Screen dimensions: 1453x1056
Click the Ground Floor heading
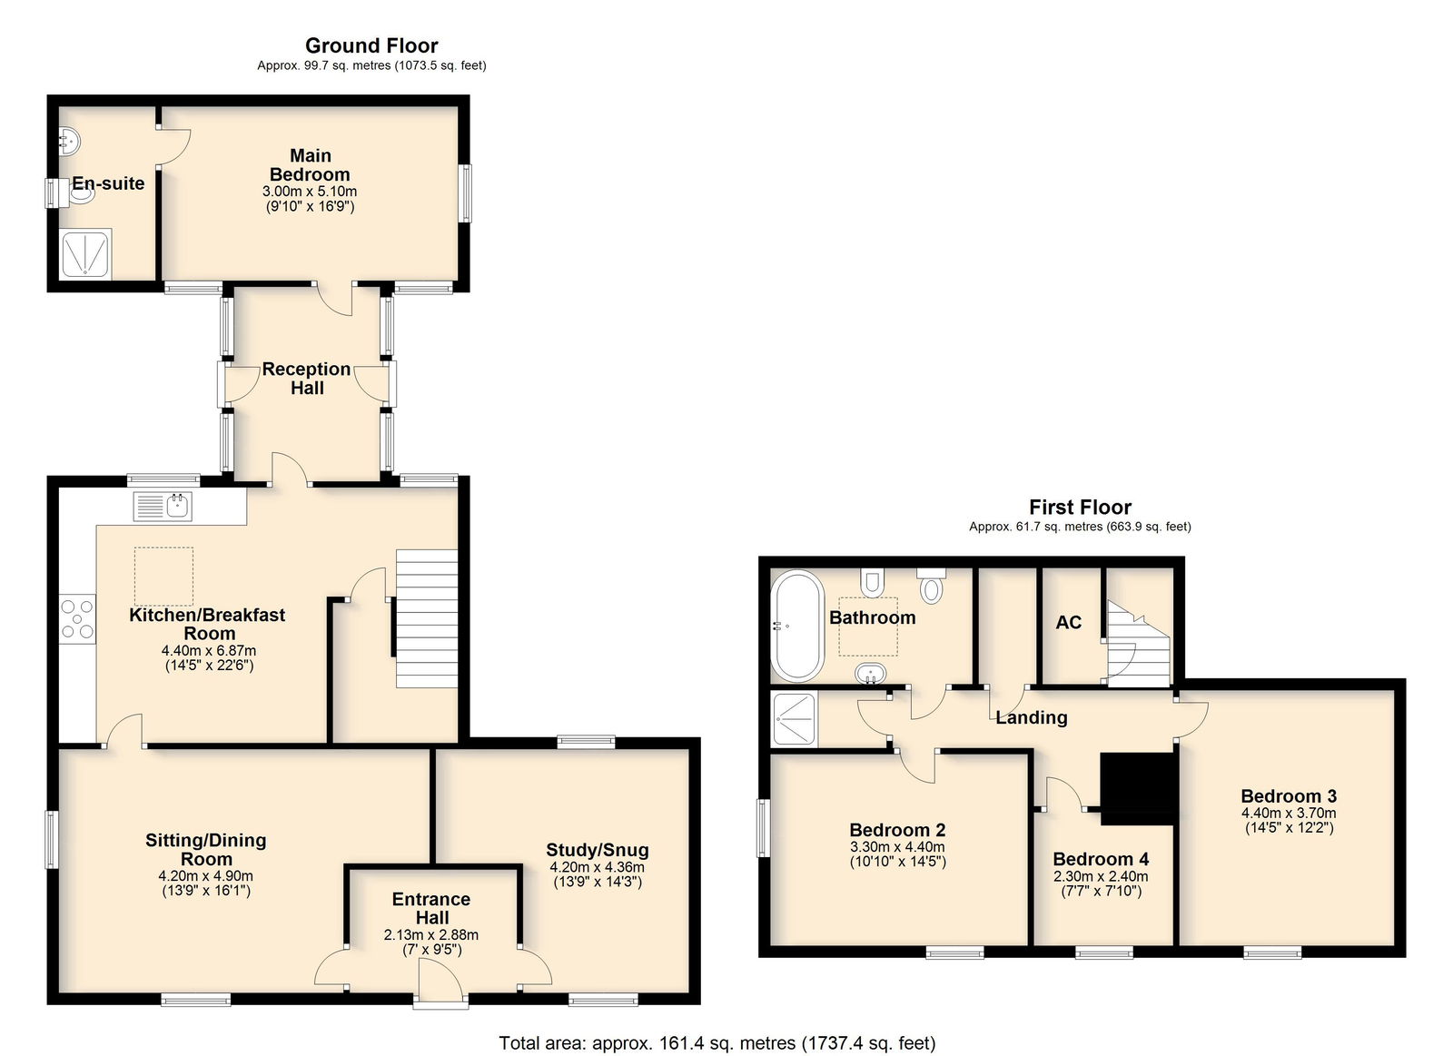tap(371, 45)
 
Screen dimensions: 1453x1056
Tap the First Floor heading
tap(1080, 507)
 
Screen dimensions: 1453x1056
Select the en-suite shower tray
tap(85, 254)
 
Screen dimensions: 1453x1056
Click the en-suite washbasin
tap(68, 140)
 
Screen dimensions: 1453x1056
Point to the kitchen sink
tap(163, 507)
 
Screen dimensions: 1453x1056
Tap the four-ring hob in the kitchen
tap(77, 619)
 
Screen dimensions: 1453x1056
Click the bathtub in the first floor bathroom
tap(797, 626)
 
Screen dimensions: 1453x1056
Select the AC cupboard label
tap(1068, 623)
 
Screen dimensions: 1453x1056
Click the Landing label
tap(1032, 717)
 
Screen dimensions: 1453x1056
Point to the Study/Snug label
tap(597, 849)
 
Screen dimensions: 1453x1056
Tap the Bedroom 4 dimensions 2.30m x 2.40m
tap(1101, 876)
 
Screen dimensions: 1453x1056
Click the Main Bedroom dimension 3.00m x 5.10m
tap(310, 192)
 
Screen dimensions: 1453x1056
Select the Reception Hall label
tap(306, 378)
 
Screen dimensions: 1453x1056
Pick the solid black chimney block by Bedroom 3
tap(1138, 789)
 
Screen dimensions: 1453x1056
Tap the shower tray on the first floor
tap(795, 719)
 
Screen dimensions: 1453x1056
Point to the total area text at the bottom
tap(717, 1043)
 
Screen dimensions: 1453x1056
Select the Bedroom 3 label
tap(1289, 796)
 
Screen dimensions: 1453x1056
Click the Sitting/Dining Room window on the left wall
tap(51, 839)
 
